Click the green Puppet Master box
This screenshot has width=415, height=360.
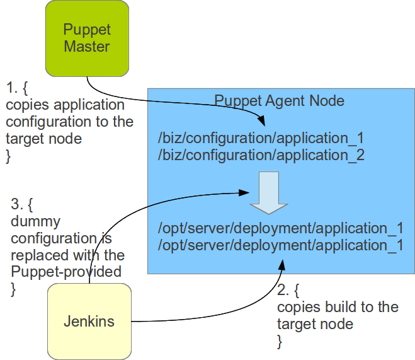[87, 38]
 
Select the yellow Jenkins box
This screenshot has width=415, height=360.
[89, 321]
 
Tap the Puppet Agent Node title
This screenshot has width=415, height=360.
[280, 101]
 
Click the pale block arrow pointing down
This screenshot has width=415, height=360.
[268, 193]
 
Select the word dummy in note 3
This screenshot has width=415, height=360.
[35, 221]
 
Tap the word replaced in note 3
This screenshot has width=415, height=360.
[37, 255]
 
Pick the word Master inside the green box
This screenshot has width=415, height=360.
[87, 47]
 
